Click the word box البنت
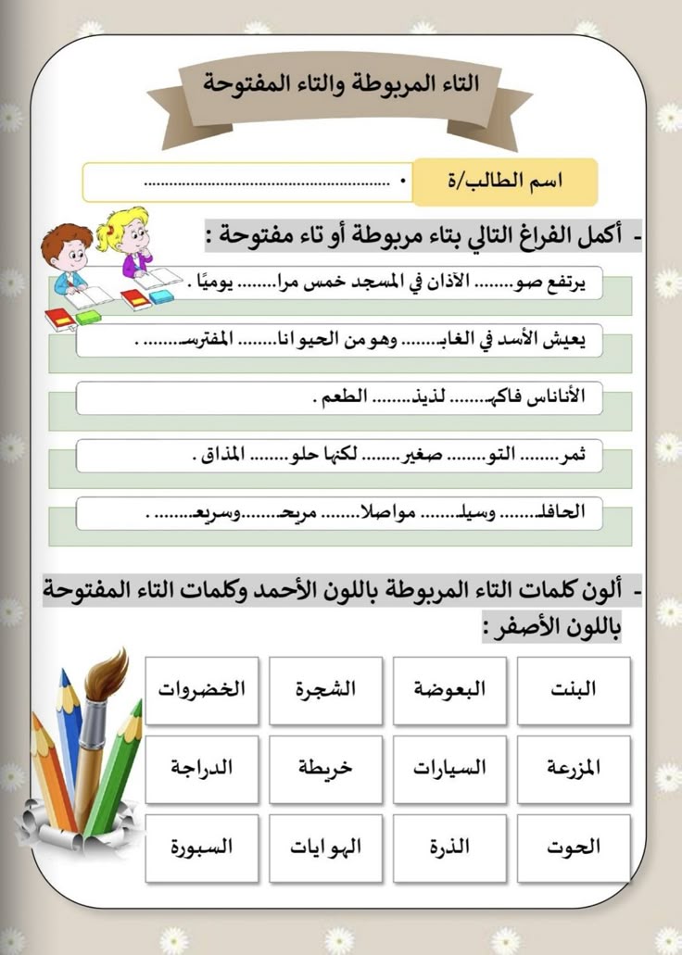(x=574, y=690)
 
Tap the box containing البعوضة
(x=449, y=690)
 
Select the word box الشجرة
(x=325, y=690)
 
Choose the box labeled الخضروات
(x=201, y=690)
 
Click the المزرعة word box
(x=574, y=769)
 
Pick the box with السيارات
(x=449, y=769)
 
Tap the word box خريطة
(x=325, y=769)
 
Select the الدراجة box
(x=201, y=769)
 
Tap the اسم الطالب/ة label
(x=505, y=182)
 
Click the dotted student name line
(x=269, y=182)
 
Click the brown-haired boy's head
(x=65, y=245)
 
